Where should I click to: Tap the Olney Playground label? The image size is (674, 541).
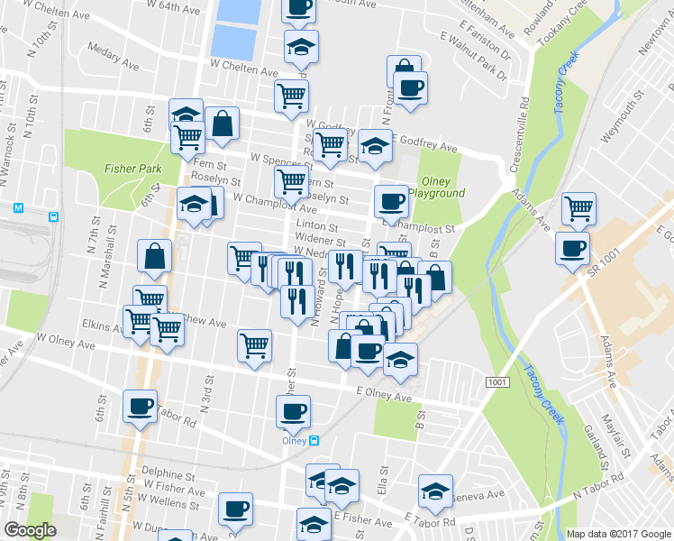tap(436, 187)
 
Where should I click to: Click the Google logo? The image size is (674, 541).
tap(30, 531)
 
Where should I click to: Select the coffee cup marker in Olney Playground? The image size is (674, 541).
tap(391, 200)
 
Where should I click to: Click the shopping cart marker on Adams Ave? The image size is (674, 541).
tap(578, 208)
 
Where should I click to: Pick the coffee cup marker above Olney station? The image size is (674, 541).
tap(292, 412)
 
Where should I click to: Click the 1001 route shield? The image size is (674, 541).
tap(496, 383)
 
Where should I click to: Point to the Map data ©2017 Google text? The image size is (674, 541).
tap(619, 534)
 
